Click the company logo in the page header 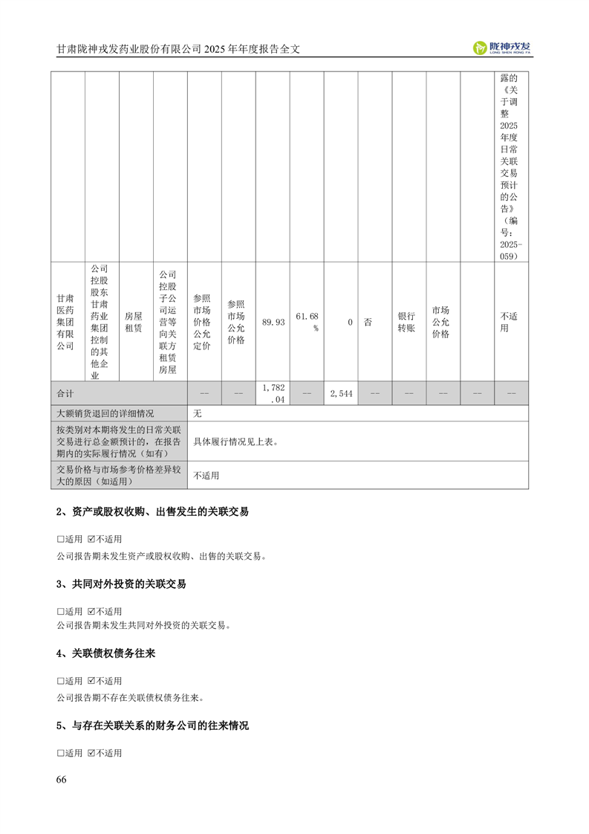503,48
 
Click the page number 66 62,780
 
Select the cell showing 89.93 273,322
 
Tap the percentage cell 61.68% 307,322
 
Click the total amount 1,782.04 273,392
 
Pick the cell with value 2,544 341,392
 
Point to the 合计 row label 66,392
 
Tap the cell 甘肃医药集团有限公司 66,322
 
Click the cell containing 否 368,322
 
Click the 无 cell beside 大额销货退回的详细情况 198,413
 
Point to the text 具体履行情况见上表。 235,441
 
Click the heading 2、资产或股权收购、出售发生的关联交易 152,512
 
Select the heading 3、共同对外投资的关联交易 121,584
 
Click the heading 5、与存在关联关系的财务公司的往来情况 152,725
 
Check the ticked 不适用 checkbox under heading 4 92,681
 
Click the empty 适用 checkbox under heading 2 61,539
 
